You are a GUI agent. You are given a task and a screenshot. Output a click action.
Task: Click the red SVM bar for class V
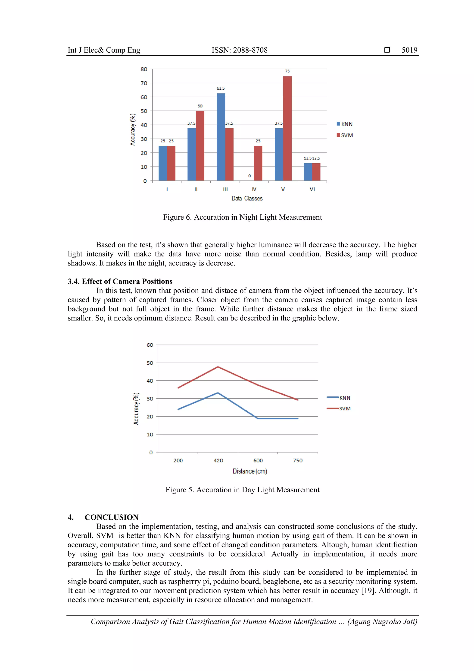(x=287, y=129)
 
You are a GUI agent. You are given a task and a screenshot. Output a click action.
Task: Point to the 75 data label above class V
(x=287, y=71)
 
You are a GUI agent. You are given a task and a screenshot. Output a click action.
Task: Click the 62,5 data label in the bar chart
(x=221, y=88)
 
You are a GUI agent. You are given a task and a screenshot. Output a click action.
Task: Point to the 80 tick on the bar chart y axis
(x=144, y=69)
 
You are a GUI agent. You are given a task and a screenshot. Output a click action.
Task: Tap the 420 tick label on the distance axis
(x=218, y=461)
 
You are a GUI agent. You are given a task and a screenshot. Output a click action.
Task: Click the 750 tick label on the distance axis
(x=298, y=461)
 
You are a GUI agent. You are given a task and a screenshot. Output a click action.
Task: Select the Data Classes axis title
(x=247, y=198)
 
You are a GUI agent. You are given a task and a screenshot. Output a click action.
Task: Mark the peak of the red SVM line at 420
(x=218, y=367)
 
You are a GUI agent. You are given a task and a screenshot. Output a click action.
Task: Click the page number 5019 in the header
(x=409, y=50)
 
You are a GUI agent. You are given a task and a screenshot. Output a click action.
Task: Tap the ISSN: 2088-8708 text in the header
(x=239, y=50)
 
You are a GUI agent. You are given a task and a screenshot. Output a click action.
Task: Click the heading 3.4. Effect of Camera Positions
(x=120, y=282)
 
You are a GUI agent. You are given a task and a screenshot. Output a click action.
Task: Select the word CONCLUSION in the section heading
(x=112, y=517)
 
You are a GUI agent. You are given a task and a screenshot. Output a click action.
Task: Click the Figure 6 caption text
(x=242, y=217)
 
